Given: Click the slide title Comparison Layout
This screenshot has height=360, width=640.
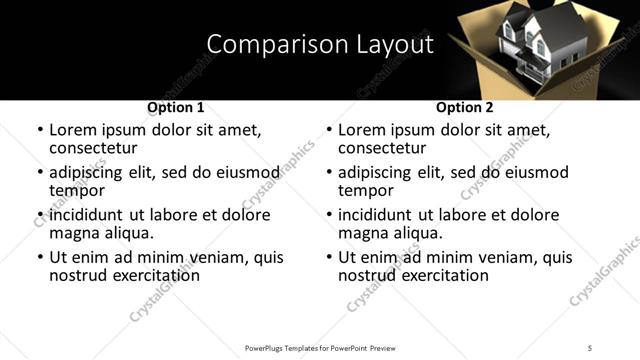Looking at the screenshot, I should tap(320, 45).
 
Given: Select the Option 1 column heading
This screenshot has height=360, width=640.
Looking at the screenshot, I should tap(175, 107).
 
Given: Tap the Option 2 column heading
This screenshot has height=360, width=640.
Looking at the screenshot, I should tap(465, 107).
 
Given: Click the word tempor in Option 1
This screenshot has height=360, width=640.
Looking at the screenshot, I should tap(74, 190).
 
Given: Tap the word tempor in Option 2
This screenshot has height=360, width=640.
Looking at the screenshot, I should tap(363, 190).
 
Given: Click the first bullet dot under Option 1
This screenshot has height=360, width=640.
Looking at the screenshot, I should tap(39, 131).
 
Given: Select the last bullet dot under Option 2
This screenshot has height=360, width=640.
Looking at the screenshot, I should tap(328, 258).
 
